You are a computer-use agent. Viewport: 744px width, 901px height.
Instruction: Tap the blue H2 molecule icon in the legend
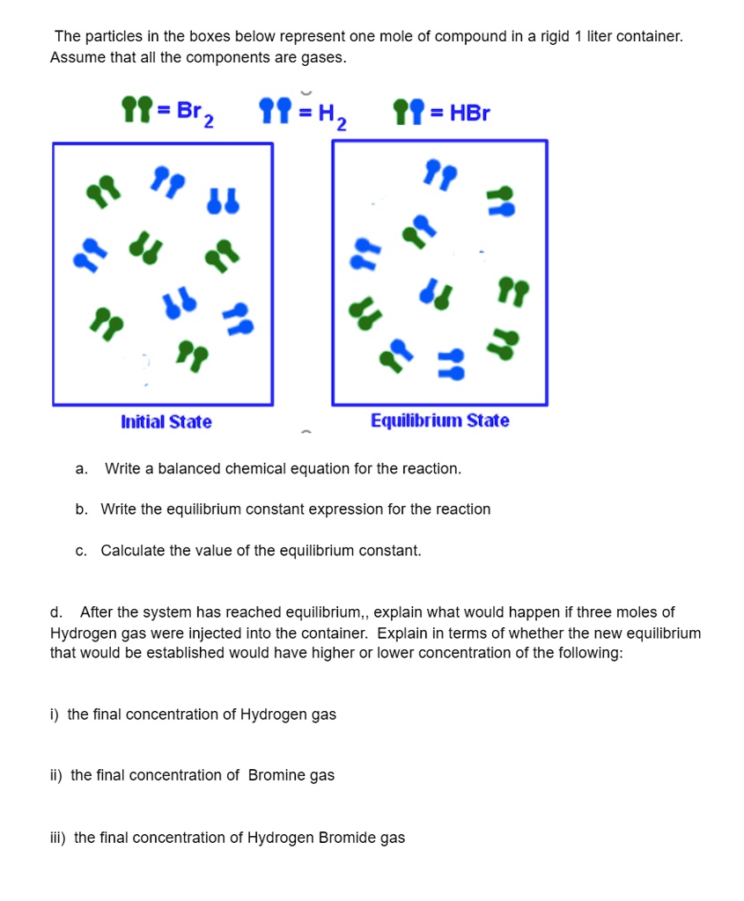(271, 110)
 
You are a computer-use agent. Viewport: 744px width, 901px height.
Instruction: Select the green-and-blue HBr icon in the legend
(407, 110)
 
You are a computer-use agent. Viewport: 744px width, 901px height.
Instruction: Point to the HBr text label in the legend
(469, 113)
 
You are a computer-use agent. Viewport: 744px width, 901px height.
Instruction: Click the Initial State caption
(166, 422)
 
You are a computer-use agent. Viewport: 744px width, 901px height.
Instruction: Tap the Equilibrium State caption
(439, 421)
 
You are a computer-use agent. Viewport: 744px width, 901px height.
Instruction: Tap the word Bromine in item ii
(276, 775)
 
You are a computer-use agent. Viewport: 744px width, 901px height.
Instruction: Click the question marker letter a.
(81, 469)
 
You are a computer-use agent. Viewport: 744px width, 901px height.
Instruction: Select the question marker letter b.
(81, 509)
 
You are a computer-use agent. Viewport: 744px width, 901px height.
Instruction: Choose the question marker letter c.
(81, 551)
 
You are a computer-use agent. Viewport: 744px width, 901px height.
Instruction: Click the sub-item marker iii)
(58, 838)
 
